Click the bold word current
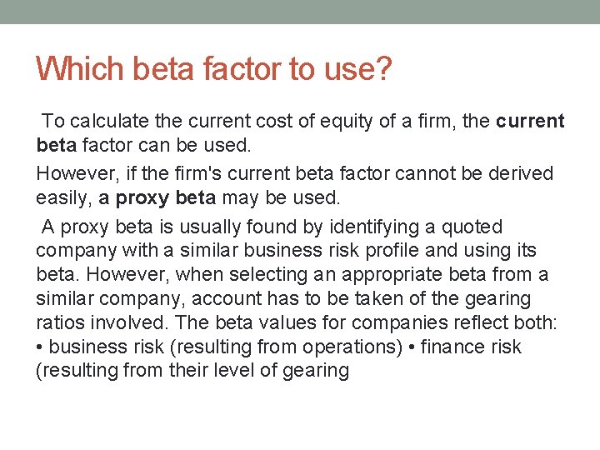coord(530,122)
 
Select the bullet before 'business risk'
coord(41,347)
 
